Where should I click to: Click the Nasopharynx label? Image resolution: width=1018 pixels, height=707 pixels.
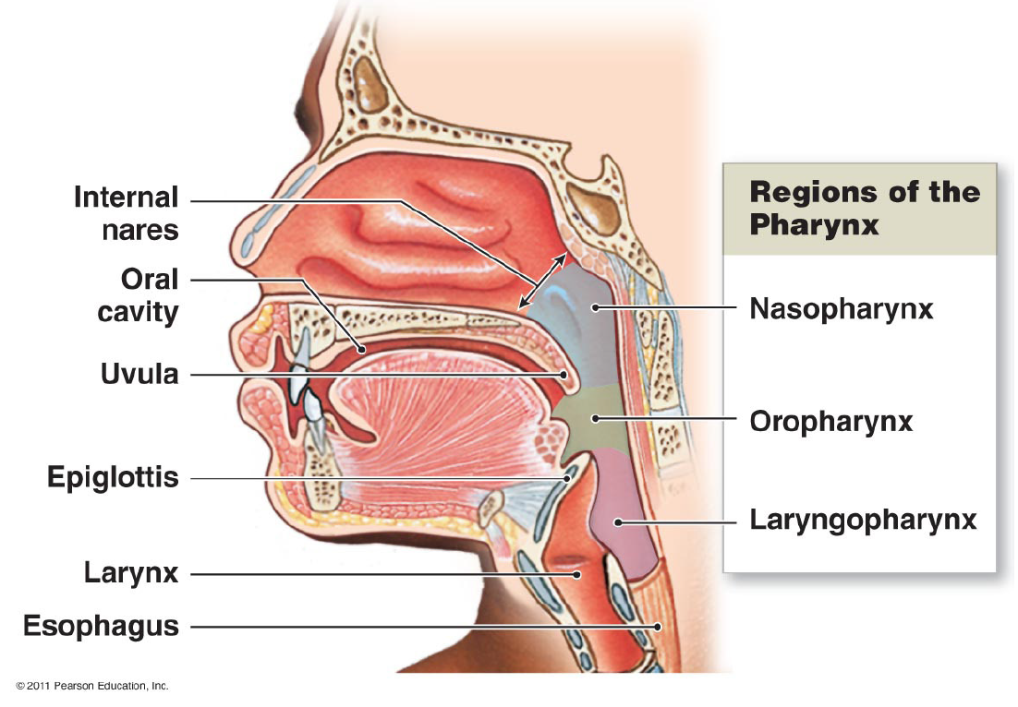pos(841,307)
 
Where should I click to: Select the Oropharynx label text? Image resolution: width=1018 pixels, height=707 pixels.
pos(830,422)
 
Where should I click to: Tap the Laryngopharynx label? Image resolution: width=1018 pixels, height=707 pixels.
pos(863,521)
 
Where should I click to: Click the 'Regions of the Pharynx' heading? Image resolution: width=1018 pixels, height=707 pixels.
pos(864,208)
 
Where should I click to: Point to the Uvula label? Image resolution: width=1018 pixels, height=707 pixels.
pos(139,375)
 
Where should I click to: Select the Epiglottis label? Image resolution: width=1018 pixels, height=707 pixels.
pos(113,478)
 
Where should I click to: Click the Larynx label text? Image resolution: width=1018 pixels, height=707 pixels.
pos(130,574)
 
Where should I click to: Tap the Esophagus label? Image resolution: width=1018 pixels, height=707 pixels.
pos(101,626)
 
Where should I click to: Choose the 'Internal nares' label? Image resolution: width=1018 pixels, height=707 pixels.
pos(127,213)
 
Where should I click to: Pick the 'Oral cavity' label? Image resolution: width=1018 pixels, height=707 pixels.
pos(139,295)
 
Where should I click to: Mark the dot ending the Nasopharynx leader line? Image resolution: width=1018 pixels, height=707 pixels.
pos(597,307)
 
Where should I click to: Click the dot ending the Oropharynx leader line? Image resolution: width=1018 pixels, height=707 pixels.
pos(596,419)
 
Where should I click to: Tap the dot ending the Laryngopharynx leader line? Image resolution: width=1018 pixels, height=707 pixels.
pos(619,522)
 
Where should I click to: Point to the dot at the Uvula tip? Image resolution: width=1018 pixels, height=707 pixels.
pos(565,375)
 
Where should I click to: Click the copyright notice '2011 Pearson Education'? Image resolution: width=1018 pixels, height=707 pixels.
pos(92,686)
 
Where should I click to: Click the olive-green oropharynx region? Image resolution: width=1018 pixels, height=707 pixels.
pos(591,425)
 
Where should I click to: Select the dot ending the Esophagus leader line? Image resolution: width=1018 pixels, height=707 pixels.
pos(658,626)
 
